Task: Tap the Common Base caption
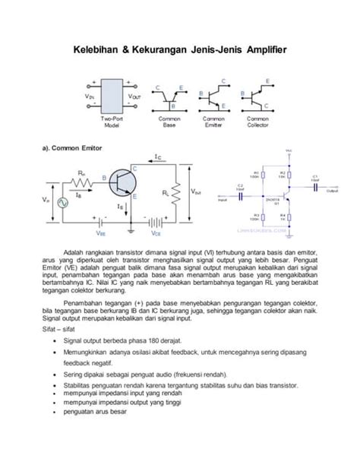point(169,124)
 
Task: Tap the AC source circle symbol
point(51,201)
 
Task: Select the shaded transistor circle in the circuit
point(120,182)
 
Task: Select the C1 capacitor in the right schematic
point(314,182)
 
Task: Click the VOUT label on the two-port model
point(134,96)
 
